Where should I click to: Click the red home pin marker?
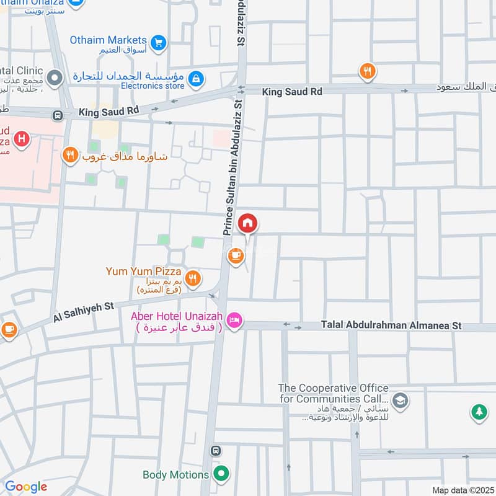coord(248,224)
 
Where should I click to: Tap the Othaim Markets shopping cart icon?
coord(159,42)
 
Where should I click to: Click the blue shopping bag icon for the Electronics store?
coord(196,79)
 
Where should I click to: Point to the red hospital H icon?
coord(22,139)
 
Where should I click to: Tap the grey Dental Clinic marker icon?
coord(55,79)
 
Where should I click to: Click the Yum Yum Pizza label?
coord(143,272)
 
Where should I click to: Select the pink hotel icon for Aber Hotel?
coord(235,321)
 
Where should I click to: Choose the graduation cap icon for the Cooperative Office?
coord(401,399)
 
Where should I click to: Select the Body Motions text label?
coord(175,475)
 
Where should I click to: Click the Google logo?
coord(25,487)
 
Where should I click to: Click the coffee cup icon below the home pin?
coord(235,255)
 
